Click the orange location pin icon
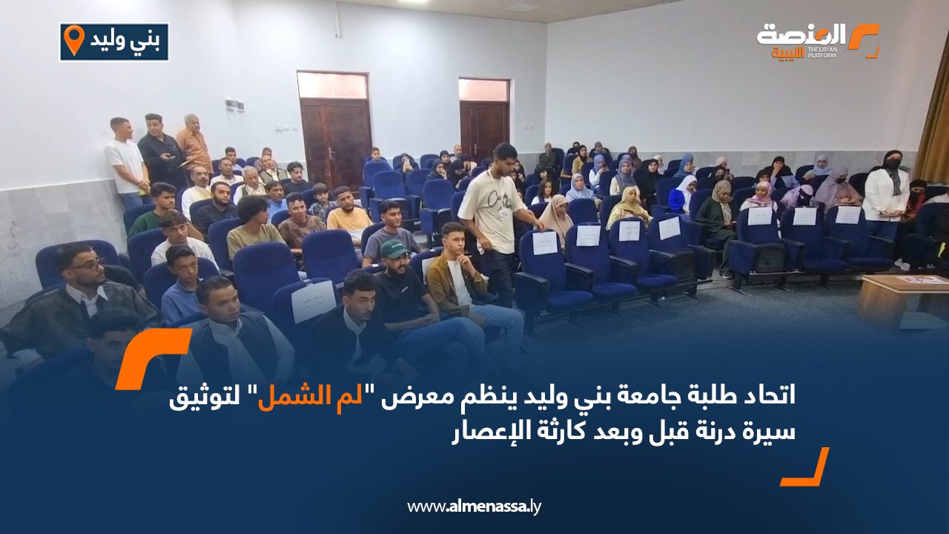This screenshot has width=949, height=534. [74, 40]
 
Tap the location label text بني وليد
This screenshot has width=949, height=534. [125, 41]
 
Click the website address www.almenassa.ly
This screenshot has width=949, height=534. [474, 507]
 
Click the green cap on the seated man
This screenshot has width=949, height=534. [394, 248]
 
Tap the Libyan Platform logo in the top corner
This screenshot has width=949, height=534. [818, 41]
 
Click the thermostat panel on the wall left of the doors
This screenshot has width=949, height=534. [234, 105]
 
